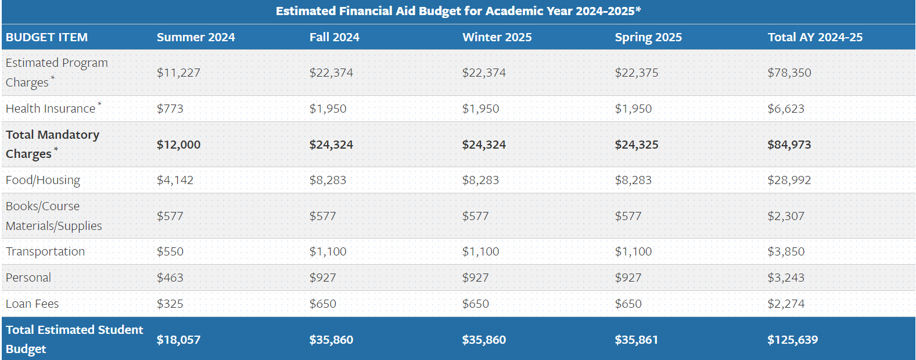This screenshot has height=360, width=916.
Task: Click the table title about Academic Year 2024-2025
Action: tap(458, 11)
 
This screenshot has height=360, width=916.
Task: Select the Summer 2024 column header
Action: tap(196, 37)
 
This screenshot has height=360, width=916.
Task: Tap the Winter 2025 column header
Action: tap(497, 37)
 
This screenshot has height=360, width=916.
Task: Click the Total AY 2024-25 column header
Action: tap(814, 37)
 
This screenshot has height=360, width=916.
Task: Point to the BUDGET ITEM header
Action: tap(46, 37)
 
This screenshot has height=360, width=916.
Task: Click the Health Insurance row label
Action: tap(51, 109)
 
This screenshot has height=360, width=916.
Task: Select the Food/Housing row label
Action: tap(43, 180)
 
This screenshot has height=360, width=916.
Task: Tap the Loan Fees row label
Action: tap(33, 304)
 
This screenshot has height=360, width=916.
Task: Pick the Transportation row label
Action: tap(45, 251)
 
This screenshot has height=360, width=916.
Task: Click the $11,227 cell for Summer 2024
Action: tap(178, 73)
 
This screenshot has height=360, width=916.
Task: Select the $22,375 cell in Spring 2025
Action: tap(637, 73)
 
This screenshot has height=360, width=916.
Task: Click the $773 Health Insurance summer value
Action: tap(170, 109)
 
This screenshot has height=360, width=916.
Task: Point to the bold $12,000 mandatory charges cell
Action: tap(178, 145)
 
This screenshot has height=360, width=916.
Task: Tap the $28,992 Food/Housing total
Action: tap(789, 180)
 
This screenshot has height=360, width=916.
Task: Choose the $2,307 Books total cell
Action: tap(785, 216)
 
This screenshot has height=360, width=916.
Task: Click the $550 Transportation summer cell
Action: tap(170, 251)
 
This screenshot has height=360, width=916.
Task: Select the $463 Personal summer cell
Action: tap(170, 278)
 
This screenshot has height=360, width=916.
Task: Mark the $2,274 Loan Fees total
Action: tap(785, 304)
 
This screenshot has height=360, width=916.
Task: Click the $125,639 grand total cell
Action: tap(792, 340)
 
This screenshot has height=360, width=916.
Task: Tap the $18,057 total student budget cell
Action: tap(178, 340)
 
